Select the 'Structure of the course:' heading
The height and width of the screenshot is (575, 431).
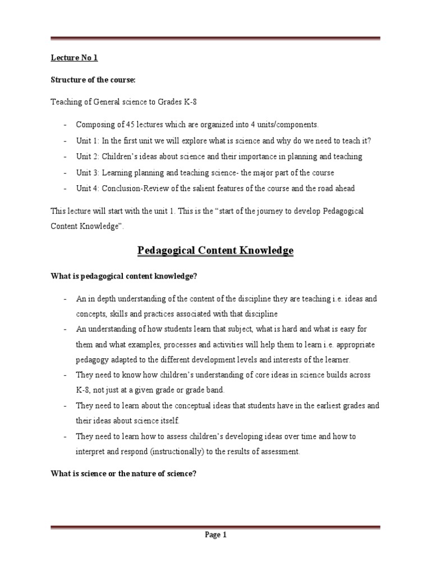point(93,80)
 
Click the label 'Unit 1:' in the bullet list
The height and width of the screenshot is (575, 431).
point(88,140)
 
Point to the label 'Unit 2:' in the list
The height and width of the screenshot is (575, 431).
point(88,156)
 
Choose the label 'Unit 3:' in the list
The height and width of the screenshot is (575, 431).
point(88,172)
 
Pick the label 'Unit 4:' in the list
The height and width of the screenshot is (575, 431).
point(88,188)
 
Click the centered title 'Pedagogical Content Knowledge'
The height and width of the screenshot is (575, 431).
point(215,250)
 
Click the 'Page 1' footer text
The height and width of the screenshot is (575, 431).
point(215,535)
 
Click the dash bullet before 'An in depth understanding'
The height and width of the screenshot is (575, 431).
point(65,298)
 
